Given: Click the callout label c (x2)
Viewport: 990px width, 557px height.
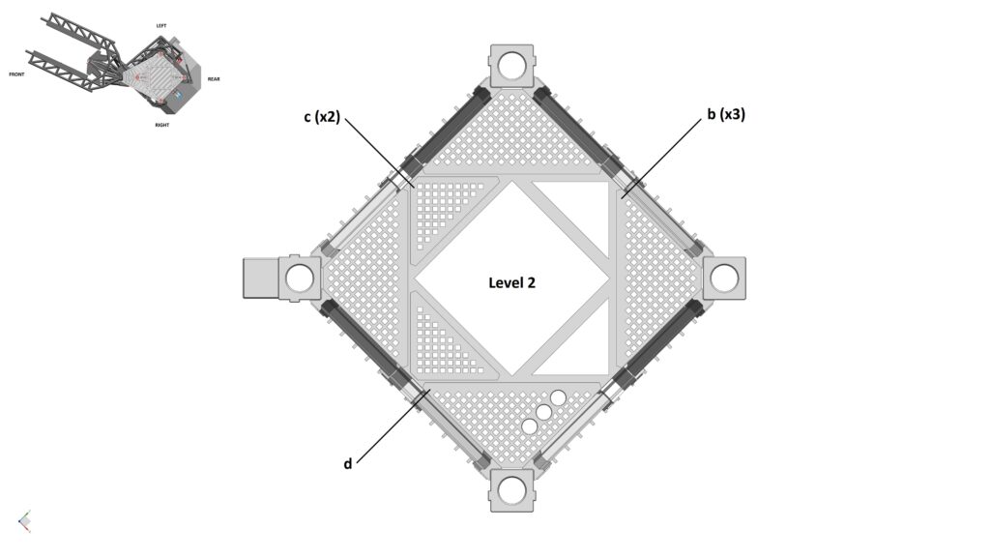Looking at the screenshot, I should pyautogui.click(x=321, y=117).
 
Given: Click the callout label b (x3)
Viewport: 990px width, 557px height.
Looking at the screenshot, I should pyautogui.click(x=725, y=114).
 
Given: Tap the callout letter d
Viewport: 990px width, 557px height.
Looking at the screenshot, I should pyautogui.click(x=347, y=463).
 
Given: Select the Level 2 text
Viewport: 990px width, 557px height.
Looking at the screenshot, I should pyautogui.click(x=511, y=282).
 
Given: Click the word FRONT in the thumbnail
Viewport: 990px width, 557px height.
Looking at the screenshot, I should pyautogui.click(x=16, y=74).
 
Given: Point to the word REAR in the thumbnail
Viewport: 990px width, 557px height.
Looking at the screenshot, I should pyautogui.click(x=214, y=79).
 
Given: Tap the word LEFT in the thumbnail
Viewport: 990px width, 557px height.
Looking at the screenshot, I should pyautogui.click(x=161, y=25).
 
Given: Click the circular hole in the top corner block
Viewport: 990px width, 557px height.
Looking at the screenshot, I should pyautogui.click(x=511, y=65).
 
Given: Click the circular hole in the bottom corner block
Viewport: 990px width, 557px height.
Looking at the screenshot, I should pyautogui.click(x=511, y=490).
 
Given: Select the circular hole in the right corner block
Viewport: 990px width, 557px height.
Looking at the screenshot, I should pyautogui.click(x=724, y=278).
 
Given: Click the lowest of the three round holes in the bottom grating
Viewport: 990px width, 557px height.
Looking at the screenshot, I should pyautogui.click(x=530, y=426).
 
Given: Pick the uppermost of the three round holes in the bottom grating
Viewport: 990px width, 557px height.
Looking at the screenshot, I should pyautogui.click(x=558, y=396).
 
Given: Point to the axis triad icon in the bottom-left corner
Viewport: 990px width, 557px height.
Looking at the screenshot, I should pyautogui.click(x=24, y=521).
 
